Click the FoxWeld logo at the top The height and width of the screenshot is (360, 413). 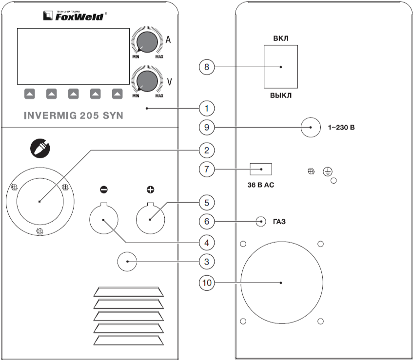(x=73, y=16)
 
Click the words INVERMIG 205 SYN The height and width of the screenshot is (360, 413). (x=73, y=116)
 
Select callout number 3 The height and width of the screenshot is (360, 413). (x=207, y=261)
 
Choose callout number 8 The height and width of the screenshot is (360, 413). (x=207, y=67)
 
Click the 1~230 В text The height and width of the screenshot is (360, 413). (x=344, y=128)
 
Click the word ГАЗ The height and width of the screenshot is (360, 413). (x=279, y=221)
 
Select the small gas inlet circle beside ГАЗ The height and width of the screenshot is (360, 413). (x=261, y=221)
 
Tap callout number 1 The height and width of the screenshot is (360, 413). (x=207, y=107)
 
